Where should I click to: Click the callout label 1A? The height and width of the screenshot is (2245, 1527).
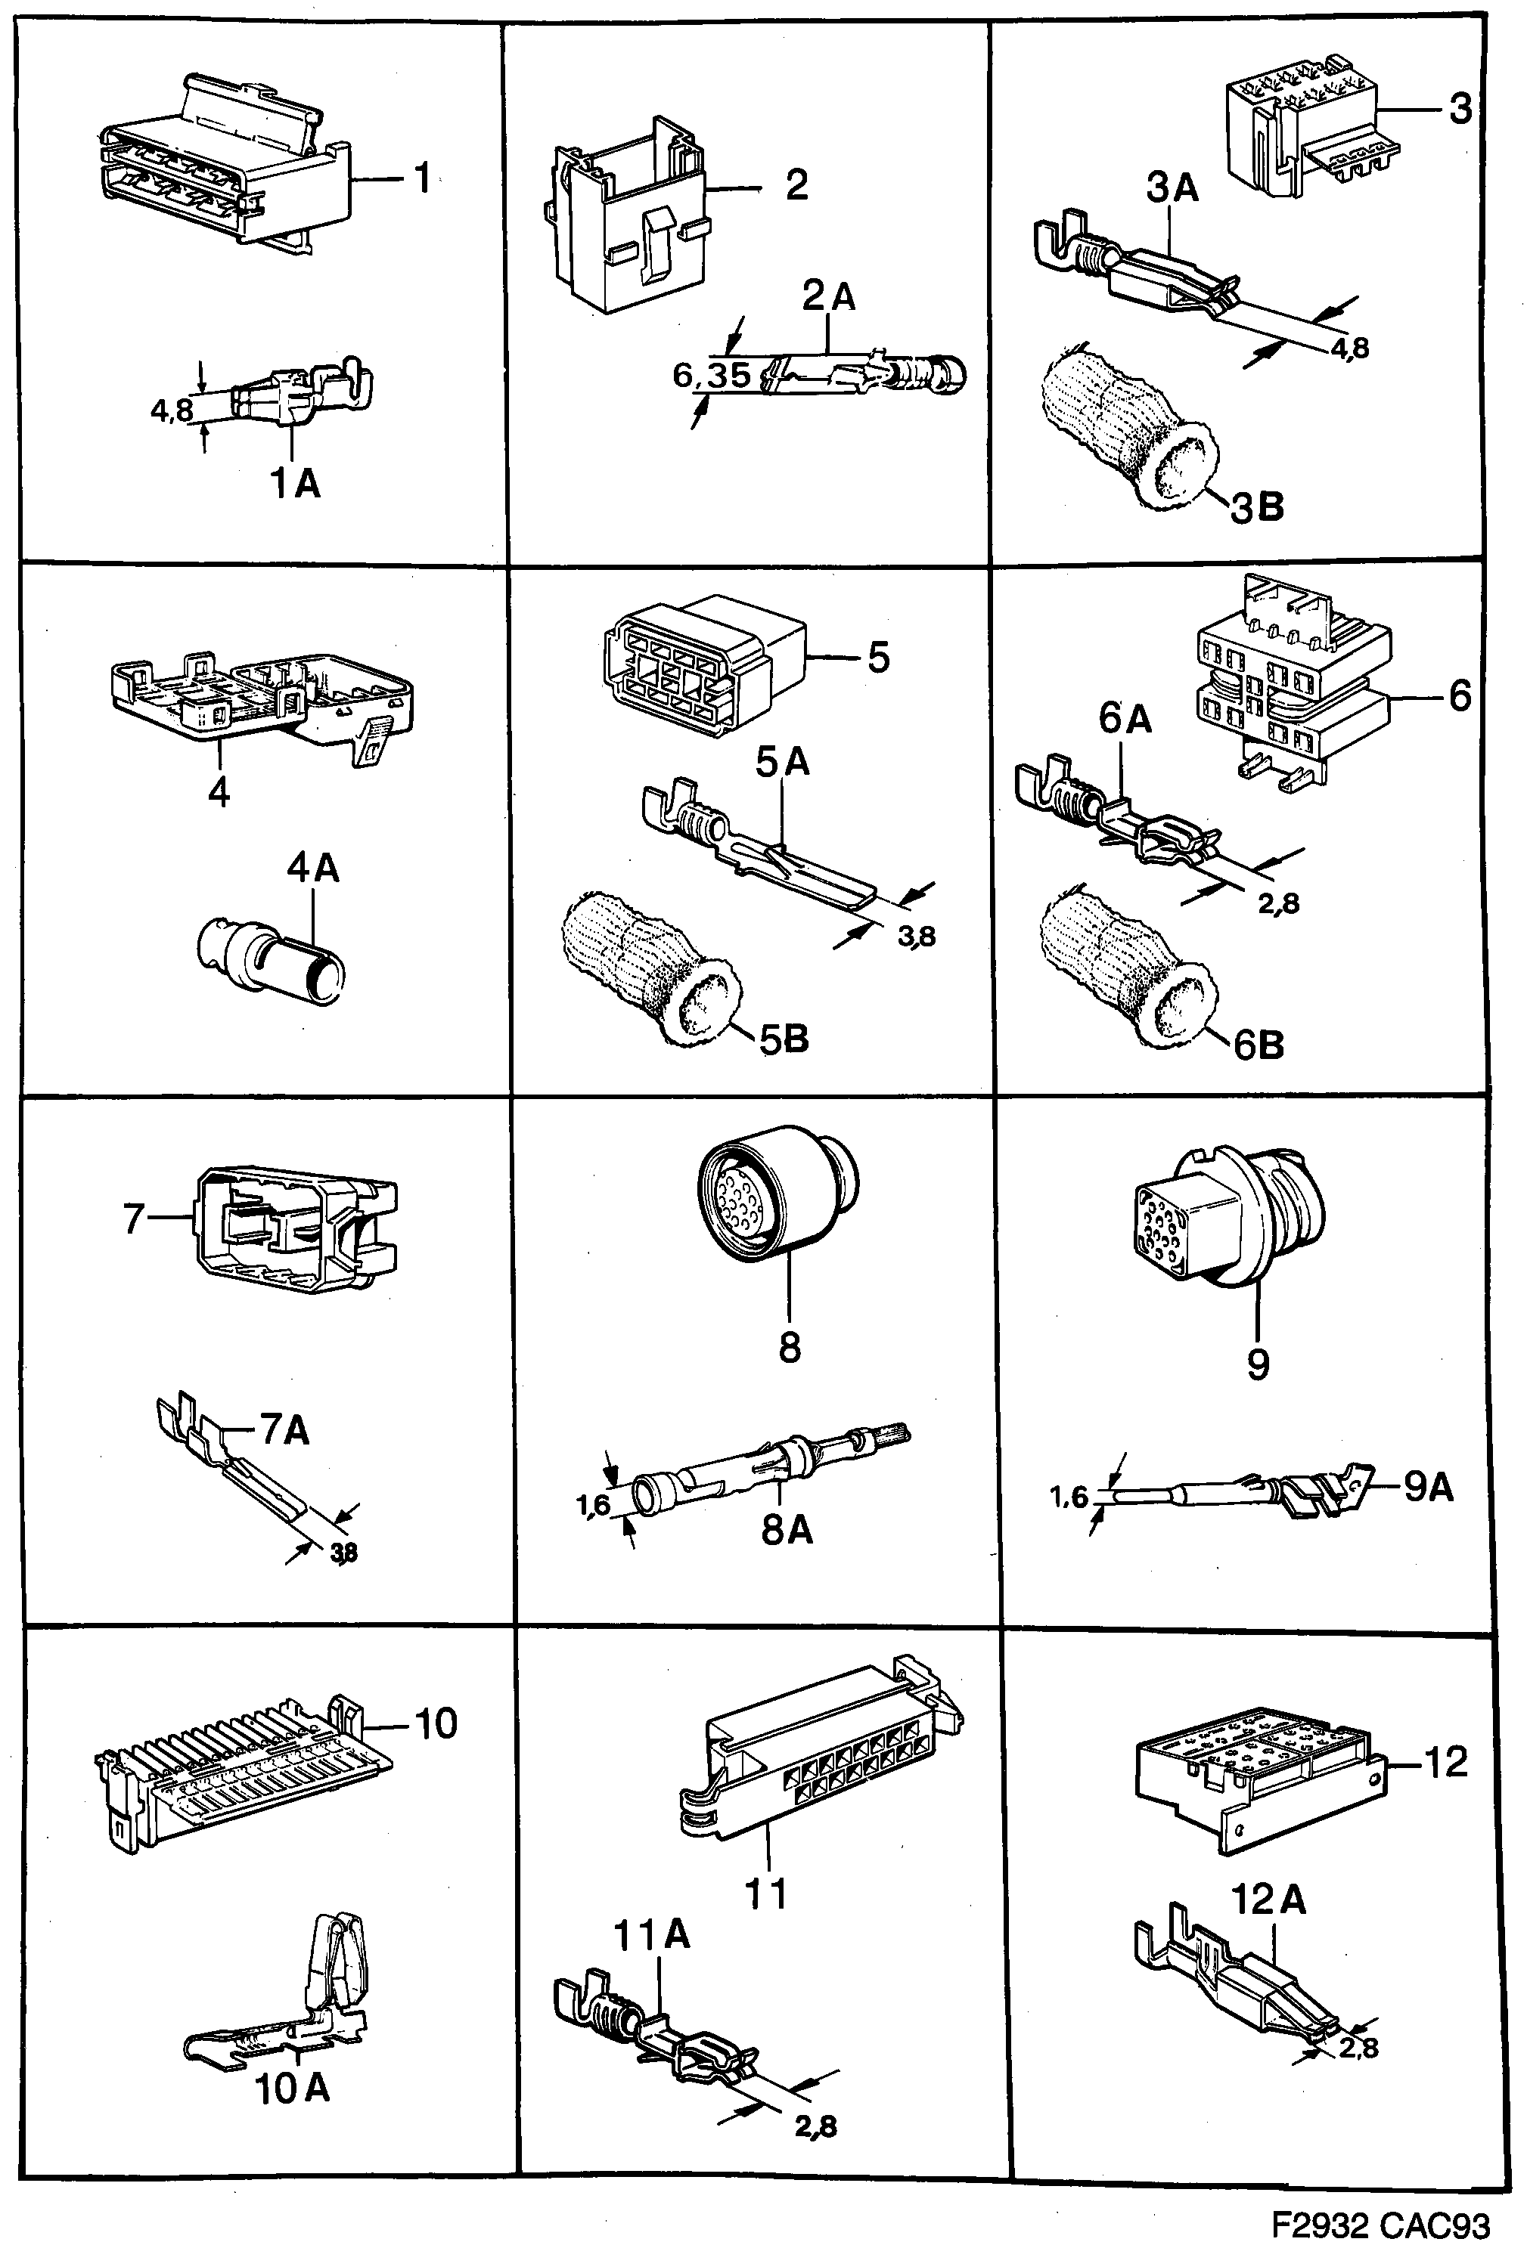(295, 482)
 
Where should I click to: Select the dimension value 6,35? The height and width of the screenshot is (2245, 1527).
(711, 376)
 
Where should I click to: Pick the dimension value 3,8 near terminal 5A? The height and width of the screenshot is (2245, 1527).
(916, 935)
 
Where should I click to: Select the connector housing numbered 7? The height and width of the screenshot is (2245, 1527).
(295, 1230)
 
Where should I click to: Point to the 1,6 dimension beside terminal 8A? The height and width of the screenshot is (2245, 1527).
(594, 1504)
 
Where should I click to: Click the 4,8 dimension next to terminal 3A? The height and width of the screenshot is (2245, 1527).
(1350, 348)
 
